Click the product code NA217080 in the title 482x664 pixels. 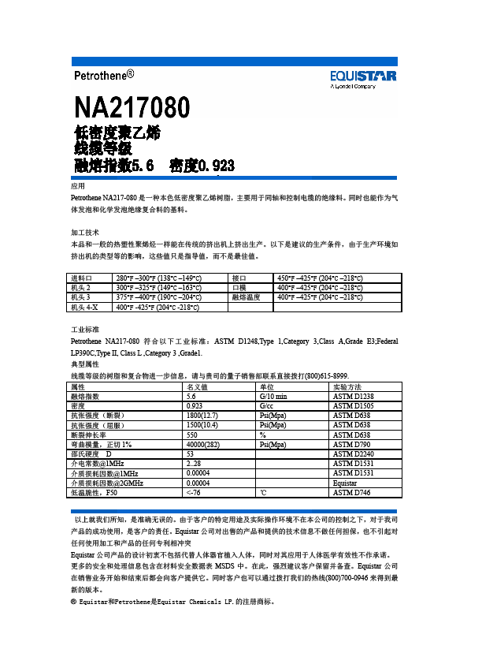pyautogui.click(x=132, y=107)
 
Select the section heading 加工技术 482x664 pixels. pyautogui.click(x=84, y=233)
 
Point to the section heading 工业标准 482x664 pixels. pyautogui.click(x=84, y=327)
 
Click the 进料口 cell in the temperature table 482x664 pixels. pyautogui.click(x=82, y=278)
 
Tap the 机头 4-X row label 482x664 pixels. pyautogui.click(x=84, y=307)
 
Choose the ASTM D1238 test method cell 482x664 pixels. pyautogui.click(x=353, y=396)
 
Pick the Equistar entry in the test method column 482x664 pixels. pyautogui.click(x=345, y=482)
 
